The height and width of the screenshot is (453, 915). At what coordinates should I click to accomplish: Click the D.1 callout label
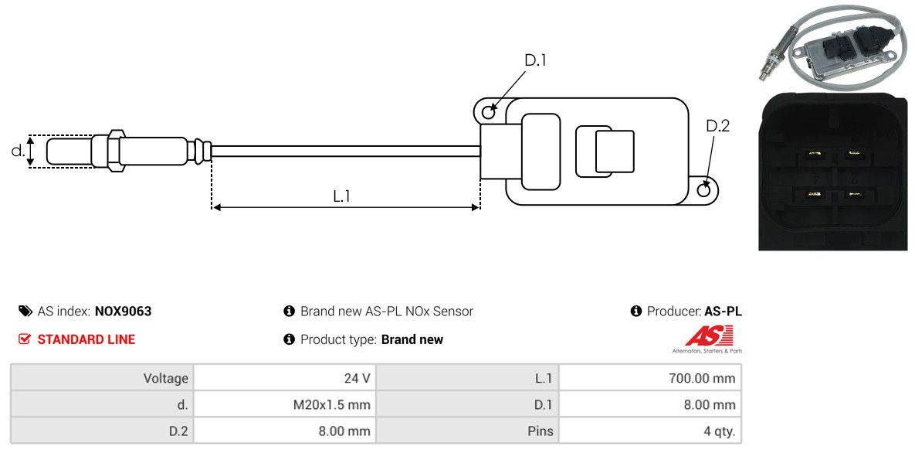point(535,60)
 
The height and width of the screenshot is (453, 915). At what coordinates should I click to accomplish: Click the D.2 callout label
point(718,126)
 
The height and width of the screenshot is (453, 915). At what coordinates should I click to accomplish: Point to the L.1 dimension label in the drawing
point(341,196)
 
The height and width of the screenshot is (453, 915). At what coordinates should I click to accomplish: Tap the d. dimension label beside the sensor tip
point(18,150)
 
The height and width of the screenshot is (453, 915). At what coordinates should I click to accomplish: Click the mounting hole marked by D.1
point(489,110)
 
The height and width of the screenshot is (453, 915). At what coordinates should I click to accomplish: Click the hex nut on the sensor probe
point(115,150)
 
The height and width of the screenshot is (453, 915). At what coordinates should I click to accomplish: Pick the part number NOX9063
point(123,311)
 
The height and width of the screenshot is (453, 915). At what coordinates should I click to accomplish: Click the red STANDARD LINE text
point(86,339)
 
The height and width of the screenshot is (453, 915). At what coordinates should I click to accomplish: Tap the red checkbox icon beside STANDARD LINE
point(24,339)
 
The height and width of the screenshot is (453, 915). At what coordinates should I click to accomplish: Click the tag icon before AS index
point(25,311)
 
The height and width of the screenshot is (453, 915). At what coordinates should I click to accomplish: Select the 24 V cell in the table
point(285,378)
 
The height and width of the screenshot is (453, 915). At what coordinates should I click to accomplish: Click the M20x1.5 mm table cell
point(285,404)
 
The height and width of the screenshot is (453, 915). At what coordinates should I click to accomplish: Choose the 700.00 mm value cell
point(650,378)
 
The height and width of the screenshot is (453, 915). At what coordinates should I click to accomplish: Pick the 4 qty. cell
point(650,431)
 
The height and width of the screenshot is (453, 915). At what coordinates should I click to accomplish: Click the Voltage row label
point(166,379)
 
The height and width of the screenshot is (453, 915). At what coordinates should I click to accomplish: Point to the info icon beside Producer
point(636,311)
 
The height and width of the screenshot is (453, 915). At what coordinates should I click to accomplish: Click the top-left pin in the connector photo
point(812,155)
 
